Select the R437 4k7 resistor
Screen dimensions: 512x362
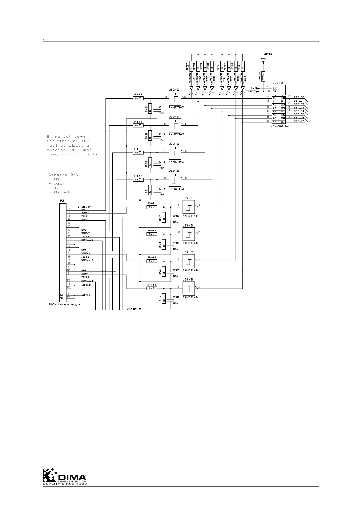tap(138, 98)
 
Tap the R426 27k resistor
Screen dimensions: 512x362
tap(263, 76)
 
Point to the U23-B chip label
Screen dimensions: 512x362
tap(277, 83)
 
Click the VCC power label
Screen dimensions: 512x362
tap(270, 54)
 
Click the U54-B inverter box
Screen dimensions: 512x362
tap(189, 288)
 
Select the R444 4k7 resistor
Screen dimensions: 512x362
tap(152, 288)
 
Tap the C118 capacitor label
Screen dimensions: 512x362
tap(176, 297)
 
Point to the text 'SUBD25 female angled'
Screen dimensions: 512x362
tap(63, 304)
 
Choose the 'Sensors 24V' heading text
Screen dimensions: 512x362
tap(64, 175)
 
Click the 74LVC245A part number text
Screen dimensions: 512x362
tap(280, 126)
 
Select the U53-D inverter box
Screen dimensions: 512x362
tap(175, 125)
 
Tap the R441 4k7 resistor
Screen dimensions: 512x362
tap(152, 207)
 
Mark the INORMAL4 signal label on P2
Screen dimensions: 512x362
tap(87, 281)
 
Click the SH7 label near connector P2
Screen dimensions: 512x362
tap(88, 295)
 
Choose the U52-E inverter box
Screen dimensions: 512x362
tap(189, 207)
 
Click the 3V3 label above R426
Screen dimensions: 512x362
tap(263, 59)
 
